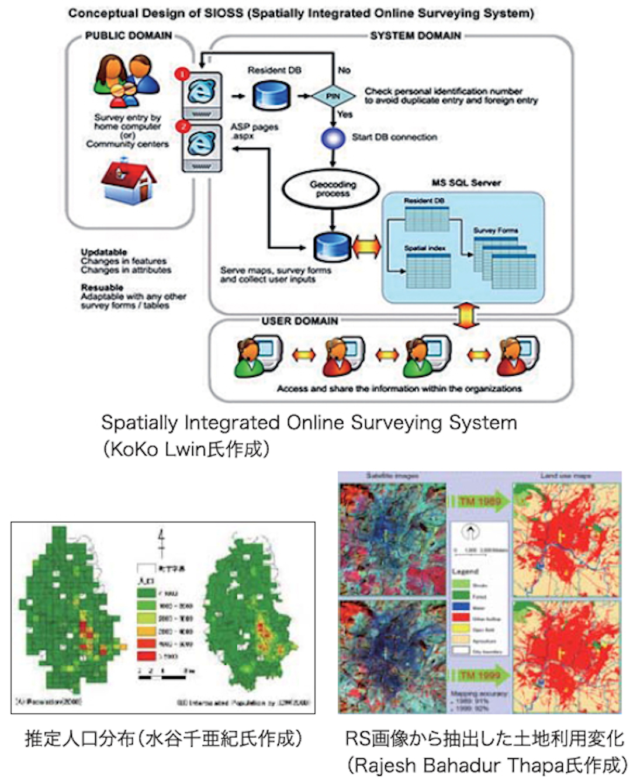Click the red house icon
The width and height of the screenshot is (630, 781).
coord(129,182)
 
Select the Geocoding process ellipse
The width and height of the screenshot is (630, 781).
coord(333,189)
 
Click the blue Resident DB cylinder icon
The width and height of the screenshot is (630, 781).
coord(271,95)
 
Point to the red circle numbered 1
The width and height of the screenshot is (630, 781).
coord(182,74)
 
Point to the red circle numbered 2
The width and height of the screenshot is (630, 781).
coord(184,126)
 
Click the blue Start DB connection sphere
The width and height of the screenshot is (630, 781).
coord(333,138)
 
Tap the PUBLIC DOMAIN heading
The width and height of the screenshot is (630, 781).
coord(129,36)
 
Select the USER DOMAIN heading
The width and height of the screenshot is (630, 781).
coord(299,321)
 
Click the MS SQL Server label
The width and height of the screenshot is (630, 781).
coord(466,183)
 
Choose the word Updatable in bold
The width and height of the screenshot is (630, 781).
coord(104,252)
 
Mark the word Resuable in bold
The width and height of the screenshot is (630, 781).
coord(102,288)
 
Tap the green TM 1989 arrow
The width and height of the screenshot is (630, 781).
coord(479,502)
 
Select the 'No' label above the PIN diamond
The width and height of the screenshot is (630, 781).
coord(344,70)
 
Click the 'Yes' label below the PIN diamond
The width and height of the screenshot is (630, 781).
coord(345,114)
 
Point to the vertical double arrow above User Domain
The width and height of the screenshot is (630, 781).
coord(466,316)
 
